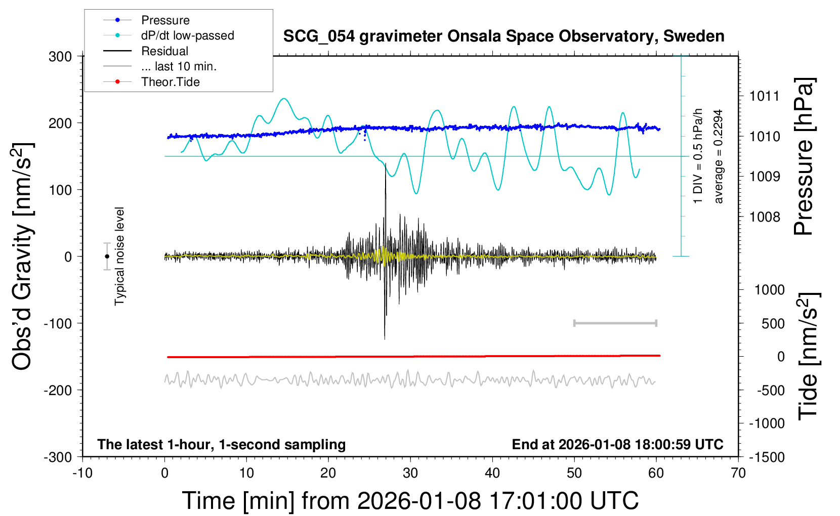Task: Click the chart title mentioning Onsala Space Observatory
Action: coord(503,36)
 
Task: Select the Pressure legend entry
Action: coord(165,20)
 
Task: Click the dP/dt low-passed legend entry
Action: coord(187,35)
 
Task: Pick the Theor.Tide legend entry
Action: coord(170,82)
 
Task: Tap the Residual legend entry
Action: coord(164,51)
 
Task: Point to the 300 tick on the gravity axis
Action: coord(60,56)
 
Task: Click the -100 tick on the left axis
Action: coord(58,323)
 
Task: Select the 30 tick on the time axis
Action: coord(410,474)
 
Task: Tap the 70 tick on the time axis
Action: coord(738,474)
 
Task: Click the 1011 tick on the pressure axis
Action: coord(765,96)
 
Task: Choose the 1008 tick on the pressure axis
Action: coord(765,217)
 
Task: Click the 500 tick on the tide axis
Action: coord(773,324)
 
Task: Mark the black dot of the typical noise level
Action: coord(107,256)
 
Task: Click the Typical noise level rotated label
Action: coord(119,256)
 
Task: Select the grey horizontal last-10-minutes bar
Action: coord(615,323)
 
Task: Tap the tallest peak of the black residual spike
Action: coord(386,164)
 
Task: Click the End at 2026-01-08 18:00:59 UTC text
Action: coord(617,445)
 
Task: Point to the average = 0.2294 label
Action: coord(719,157)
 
